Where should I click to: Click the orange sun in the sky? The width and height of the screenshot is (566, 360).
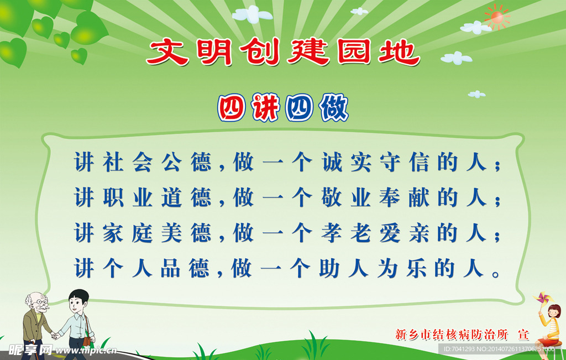pyautogui.click(x=497, y=17)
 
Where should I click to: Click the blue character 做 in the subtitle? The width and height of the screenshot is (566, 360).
pyautogui.click(x=334, y=108)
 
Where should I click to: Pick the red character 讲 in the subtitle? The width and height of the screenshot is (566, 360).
pyautogui.click(x=265, y=108)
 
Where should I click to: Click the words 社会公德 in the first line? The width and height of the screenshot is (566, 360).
pyautogui.click(x=156, y=162)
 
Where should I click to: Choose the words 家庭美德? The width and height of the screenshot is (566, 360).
pyautogui.click(x=156, y=233)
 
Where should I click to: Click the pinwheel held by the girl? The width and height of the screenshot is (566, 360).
pyautogui.click(x=543, y=298)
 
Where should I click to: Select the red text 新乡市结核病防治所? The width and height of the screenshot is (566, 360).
pyautogui.click(x=452, y=335)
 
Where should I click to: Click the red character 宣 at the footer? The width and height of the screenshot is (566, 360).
pyautogui.click(x=523, y=335)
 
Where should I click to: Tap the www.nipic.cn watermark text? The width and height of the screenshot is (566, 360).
pyautogui.click(x=86, y=350)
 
